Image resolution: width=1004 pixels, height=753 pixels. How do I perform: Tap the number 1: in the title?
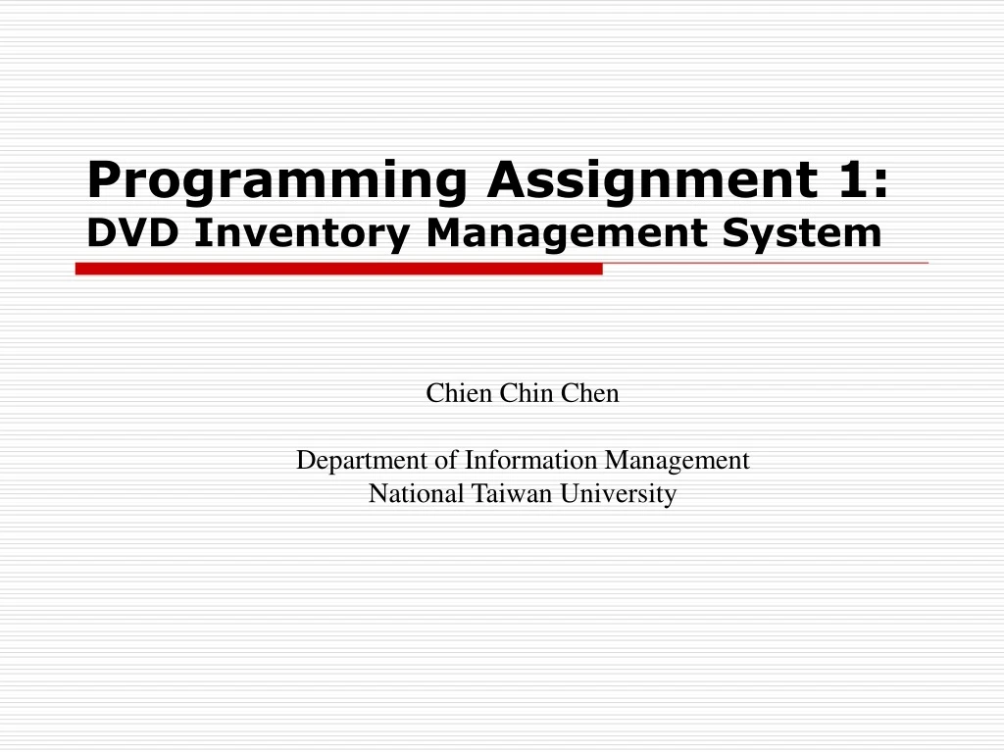click(863, 179)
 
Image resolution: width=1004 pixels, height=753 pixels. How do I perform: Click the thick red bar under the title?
click(338, 269)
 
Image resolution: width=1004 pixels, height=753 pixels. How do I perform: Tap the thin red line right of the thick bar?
click(765, 264)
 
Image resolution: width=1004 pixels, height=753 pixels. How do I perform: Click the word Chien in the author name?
click(460, 394)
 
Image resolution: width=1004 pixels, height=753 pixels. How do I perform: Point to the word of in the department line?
click(447, 460)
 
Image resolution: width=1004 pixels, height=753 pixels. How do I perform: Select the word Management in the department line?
click(677, 461)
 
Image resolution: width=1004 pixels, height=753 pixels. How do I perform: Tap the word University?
click(619, 495)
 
